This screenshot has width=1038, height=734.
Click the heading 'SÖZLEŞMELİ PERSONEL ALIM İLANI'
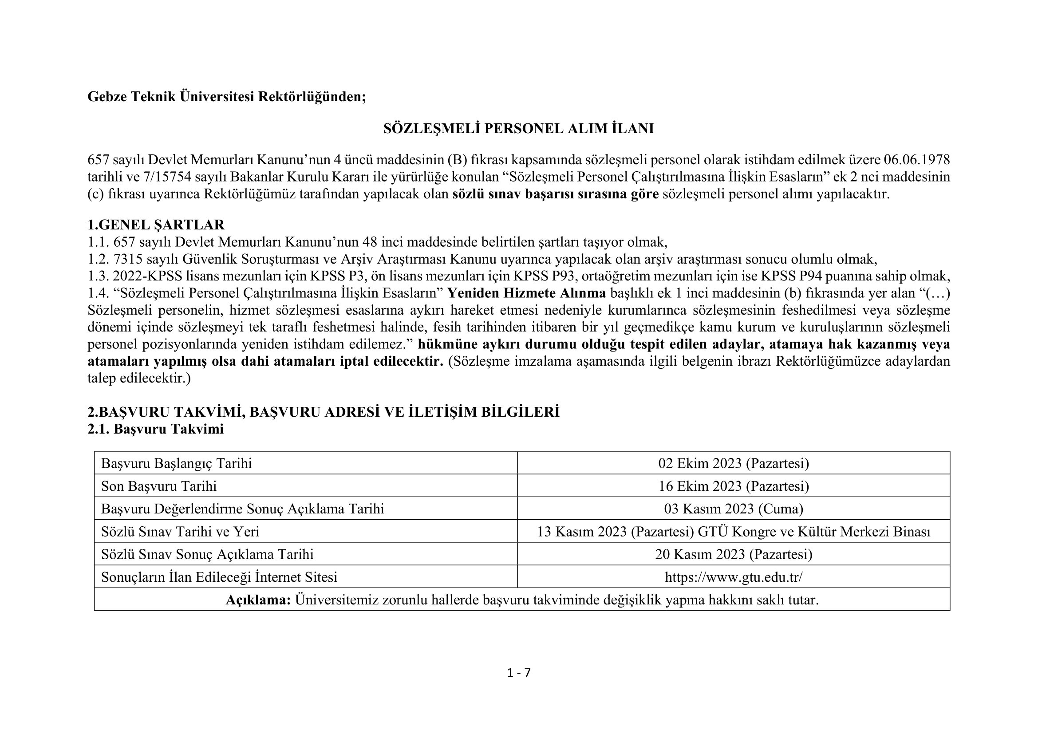point(518,129)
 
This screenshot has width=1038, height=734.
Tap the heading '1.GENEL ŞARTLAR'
point(156,225)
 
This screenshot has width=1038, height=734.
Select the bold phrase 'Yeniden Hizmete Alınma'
point(526,293)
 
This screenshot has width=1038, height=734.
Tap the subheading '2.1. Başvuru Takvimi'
point(155,429)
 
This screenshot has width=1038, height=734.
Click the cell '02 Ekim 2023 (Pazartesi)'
point(733,463)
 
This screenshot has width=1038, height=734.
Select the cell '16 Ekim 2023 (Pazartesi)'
point(733,486)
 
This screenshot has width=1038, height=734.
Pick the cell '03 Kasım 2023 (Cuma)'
point(733,509)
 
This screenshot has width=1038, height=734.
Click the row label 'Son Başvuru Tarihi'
point(159,486)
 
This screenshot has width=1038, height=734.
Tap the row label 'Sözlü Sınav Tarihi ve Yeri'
point(180,532)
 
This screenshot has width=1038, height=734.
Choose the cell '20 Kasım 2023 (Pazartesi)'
point(733,554)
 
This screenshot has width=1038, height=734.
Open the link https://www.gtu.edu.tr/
point(733,577)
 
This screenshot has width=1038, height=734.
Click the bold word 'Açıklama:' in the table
point(258,600)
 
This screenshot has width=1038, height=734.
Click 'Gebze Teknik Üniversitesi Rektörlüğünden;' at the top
point(226,97)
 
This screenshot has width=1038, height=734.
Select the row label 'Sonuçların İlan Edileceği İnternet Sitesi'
point(219,577)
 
